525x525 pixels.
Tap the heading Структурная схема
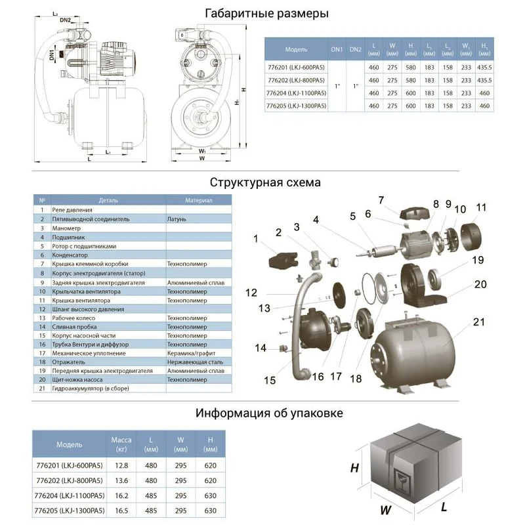[265, 182]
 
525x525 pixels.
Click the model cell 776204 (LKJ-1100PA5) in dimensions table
[296, 93]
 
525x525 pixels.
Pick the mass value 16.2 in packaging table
[121, 498]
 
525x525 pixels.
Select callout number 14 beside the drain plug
[261, 348]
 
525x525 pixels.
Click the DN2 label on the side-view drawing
[66, 20]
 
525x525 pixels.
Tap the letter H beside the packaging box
[354, 468]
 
